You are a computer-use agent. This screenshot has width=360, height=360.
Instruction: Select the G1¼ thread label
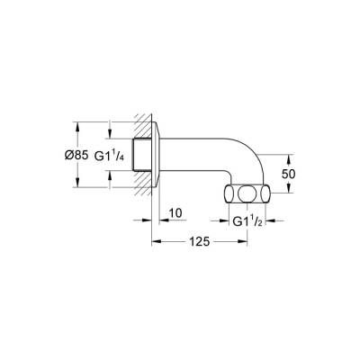pyautogui.click(x=114, y=154)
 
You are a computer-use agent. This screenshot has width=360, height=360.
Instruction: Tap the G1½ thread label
pyautogui.click(x=246, y=220)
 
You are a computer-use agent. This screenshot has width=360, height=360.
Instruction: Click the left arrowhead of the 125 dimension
pyautogui.click(x=154, y=241)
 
